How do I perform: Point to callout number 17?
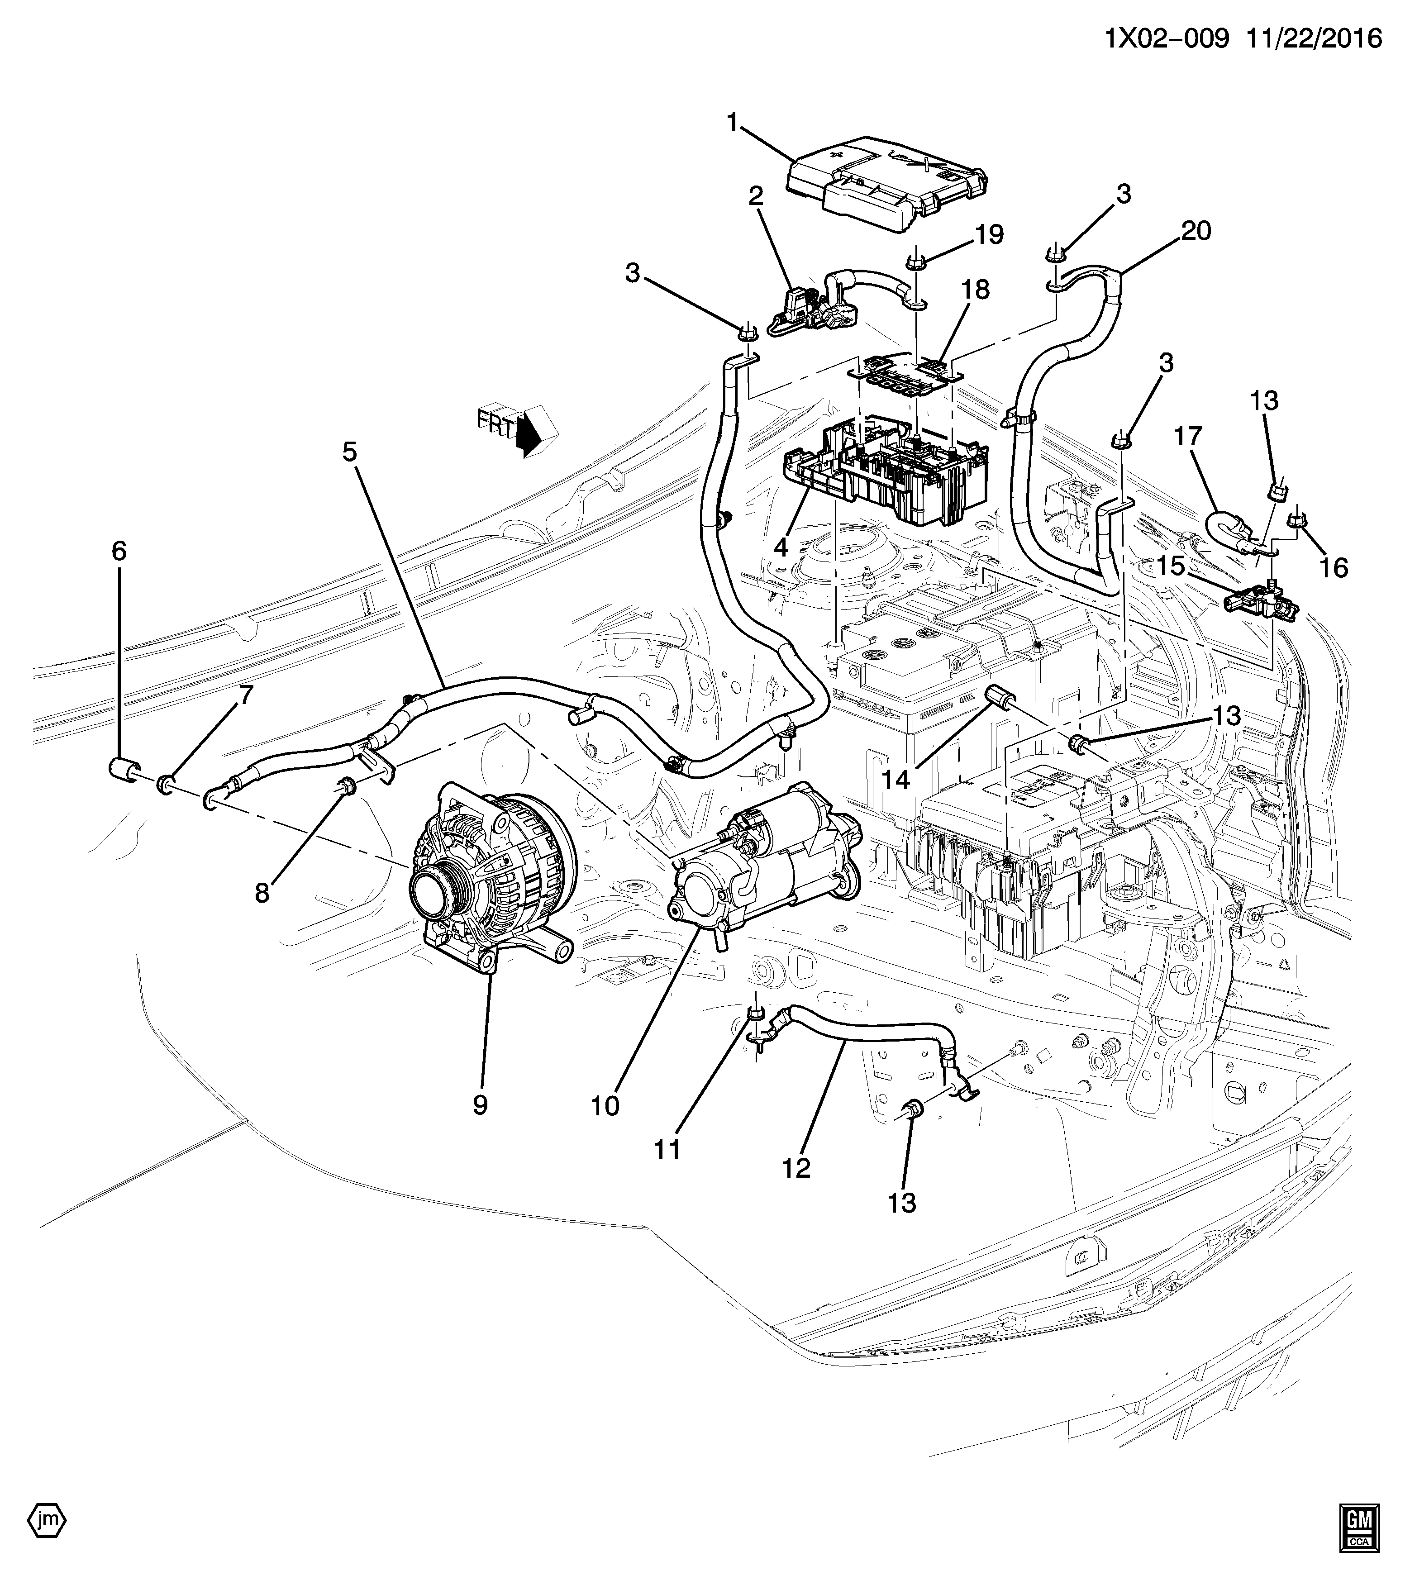click(1188, 438)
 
